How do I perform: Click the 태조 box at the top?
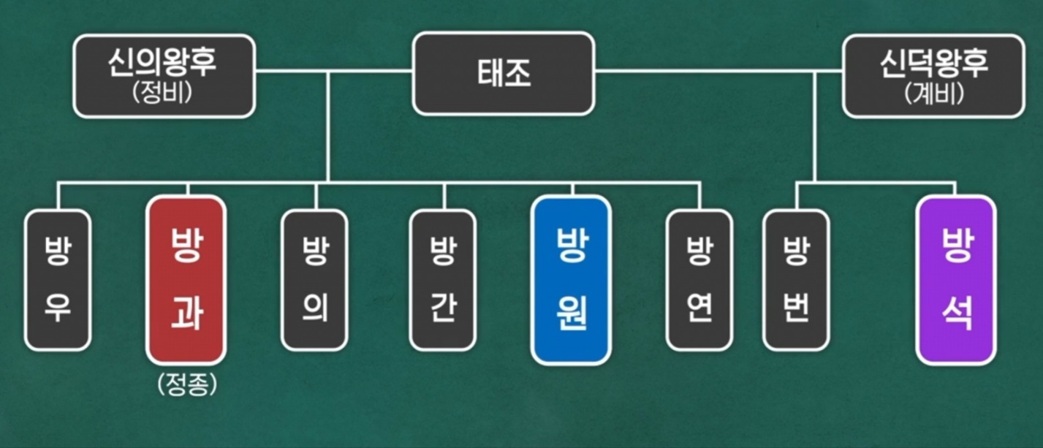(x=503, y=73)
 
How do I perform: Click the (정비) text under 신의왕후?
(x=164, y=95)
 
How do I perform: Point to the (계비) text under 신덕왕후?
(x=933, y=95)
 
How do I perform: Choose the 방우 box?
(x=57, y=280)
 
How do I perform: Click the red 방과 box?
(x=186, y=280)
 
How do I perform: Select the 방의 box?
(x=314, y=280)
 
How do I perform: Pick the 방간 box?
(x=443, y=280)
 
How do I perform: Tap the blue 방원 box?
(x=572, y=280)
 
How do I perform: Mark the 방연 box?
(x=699, y=280)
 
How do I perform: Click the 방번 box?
(x=796, y=280)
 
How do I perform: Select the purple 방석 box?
(x=956, y=280)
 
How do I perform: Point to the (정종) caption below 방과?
(x=187, y=385)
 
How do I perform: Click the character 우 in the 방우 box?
(x=57, y=310)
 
